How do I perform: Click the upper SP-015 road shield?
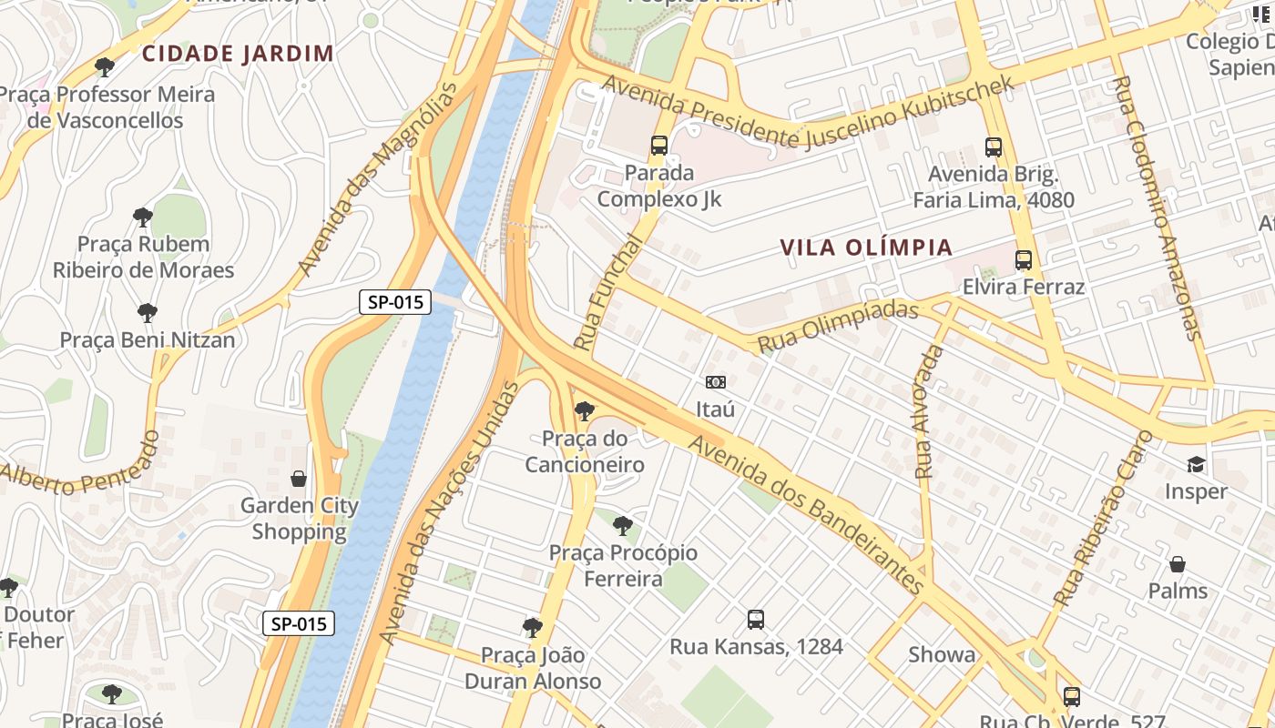(395, 302)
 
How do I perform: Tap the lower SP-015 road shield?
(299, 623)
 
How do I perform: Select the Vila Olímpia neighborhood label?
(866, 248)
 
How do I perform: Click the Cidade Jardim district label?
(238, 53)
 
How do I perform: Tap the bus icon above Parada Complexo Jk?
(658, 146)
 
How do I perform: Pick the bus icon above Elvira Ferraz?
(1024, 260)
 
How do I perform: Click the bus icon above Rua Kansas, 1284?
(756, 620)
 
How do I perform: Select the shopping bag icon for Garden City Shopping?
(299, 479)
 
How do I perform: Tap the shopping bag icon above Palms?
(1178, 564)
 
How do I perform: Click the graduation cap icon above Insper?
(1196, 464)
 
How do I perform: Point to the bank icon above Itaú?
(716, 382)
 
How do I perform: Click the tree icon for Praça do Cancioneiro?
(585, 411)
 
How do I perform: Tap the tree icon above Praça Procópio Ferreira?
(623, 525)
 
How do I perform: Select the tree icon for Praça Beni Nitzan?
(147, 313)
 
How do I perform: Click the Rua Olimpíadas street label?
(837, 327)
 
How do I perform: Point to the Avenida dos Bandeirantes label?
(807, 514)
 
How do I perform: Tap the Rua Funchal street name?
(608, 292)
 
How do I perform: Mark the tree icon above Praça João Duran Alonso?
(533, 627)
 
